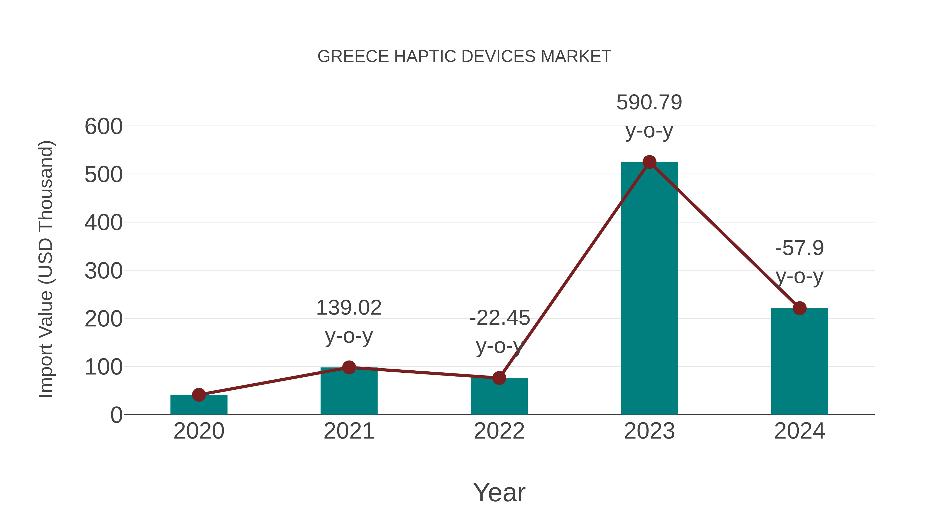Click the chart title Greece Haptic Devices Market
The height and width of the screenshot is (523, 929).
click(464, 57)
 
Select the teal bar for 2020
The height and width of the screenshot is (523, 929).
click(199, 405)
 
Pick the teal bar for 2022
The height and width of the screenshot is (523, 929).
click(499, 397)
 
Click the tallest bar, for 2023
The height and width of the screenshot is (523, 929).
click(649, 289)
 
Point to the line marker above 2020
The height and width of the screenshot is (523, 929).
click(199, 395)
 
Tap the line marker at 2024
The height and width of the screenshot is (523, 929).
click(799, 308)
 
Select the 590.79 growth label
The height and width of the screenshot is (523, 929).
click(649, 103)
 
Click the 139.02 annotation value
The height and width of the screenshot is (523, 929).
click(349, 308)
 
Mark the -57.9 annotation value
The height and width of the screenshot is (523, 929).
click(799, 248)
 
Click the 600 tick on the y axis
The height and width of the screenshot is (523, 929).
click(103, 127)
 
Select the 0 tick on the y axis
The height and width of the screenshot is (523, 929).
click(116, 415)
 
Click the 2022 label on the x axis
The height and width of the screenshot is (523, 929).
click(499, 431)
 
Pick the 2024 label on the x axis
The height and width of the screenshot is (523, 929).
click(799, 431)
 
